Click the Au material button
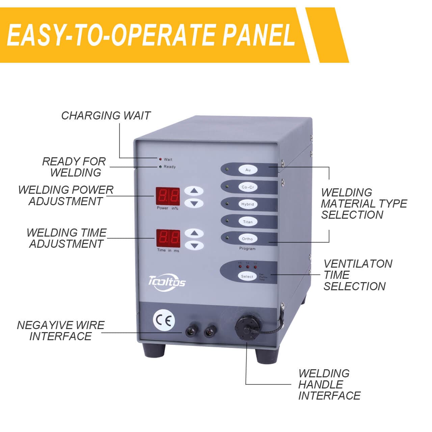[x=248, y=170]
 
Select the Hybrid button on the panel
[x=247, y=204]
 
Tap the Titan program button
[x=248, y=222]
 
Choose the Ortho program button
[x=247, y=239]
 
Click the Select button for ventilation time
[x=247, y=276]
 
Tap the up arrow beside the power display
[x=194, y=191]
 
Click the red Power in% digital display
[x=167, y=196]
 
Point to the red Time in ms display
[x=168, y=239]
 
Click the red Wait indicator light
[x=160, y=159]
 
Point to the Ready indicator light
[x=160, y=167]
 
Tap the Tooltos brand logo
[x=167, y=281]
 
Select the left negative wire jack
[x=191, y=330]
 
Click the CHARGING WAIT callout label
[x=106, y=116]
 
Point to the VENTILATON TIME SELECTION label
[x=357, y=275]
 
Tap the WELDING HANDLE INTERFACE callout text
[x=329, y=384]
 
